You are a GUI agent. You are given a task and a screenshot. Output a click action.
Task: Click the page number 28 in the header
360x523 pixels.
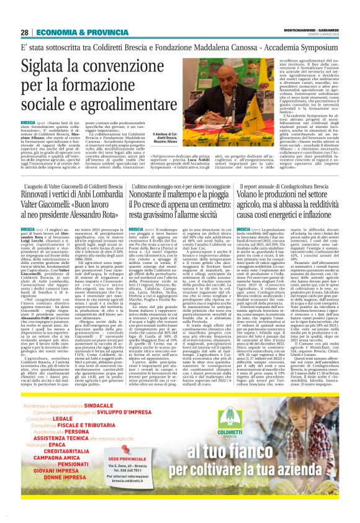[x=25, y=33]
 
